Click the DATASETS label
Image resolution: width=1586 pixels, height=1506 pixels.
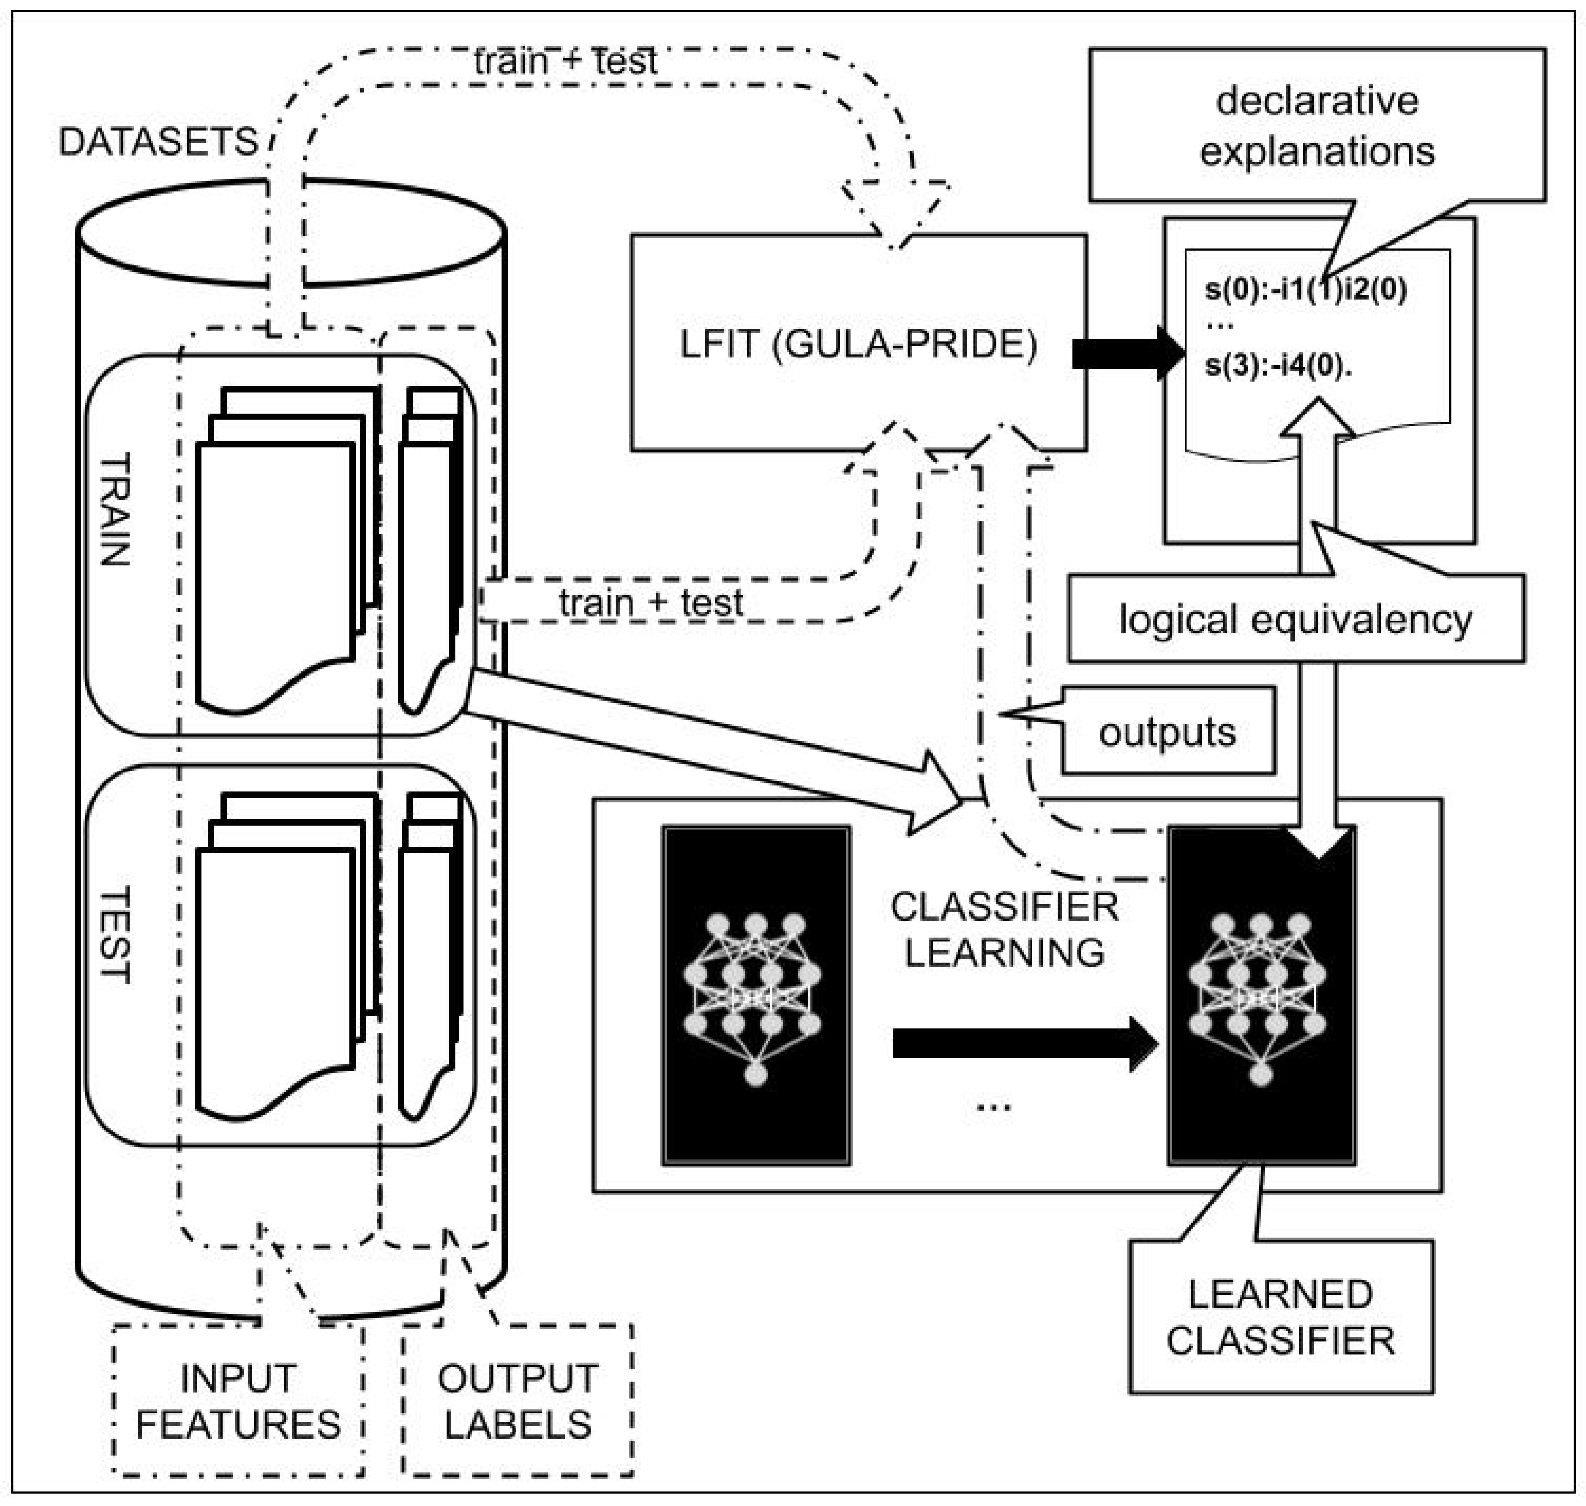[158, 142]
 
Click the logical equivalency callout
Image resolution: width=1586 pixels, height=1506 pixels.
[1295, 620]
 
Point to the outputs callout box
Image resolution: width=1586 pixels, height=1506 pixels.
[1167, 731]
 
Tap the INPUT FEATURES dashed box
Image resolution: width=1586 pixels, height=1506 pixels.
[238, 1402]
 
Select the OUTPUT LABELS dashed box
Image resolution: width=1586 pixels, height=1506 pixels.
[518, 1402]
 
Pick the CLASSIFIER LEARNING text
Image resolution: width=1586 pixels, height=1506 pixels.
[1004, 930]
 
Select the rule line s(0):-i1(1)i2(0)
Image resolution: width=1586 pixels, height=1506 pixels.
[1305, 289]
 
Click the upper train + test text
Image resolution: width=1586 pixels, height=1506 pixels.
[565, 61]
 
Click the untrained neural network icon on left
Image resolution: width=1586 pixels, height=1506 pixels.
[756, 996]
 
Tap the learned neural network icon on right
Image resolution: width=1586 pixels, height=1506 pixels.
[1261, 996]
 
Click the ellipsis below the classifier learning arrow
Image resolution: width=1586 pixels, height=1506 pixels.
[994, 1106]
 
